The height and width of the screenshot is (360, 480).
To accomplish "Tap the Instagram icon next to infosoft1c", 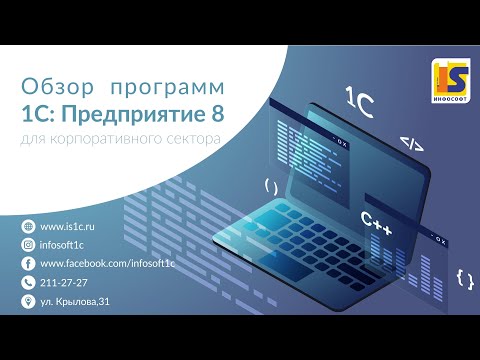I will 27,245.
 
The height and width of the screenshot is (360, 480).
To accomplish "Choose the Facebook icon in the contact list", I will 27,263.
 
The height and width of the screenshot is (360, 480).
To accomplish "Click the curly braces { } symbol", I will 463,278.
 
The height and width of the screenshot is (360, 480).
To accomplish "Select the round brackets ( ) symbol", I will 270,186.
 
